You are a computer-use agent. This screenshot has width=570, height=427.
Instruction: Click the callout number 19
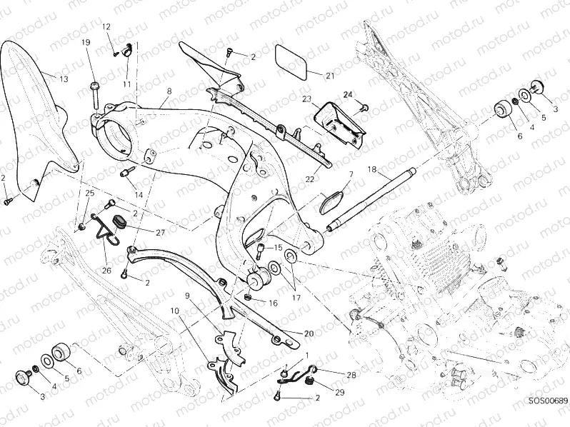86,43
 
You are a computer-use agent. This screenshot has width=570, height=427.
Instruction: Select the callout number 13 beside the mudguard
64,79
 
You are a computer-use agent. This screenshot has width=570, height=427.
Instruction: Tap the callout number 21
329,76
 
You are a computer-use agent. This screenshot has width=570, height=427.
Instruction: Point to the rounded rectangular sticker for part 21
292,59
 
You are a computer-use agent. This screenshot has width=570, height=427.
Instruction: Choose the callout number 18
371,169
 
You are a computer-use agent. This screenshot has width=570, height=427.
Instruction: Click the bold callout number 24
348,94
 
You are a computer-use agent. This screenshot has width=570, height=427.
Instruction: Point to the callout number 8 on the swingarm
169,91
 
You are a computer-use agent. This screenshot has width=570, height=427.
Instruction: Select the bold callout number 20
308,333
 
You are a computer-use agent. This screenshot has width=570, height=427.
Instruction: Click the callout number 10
174,311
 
